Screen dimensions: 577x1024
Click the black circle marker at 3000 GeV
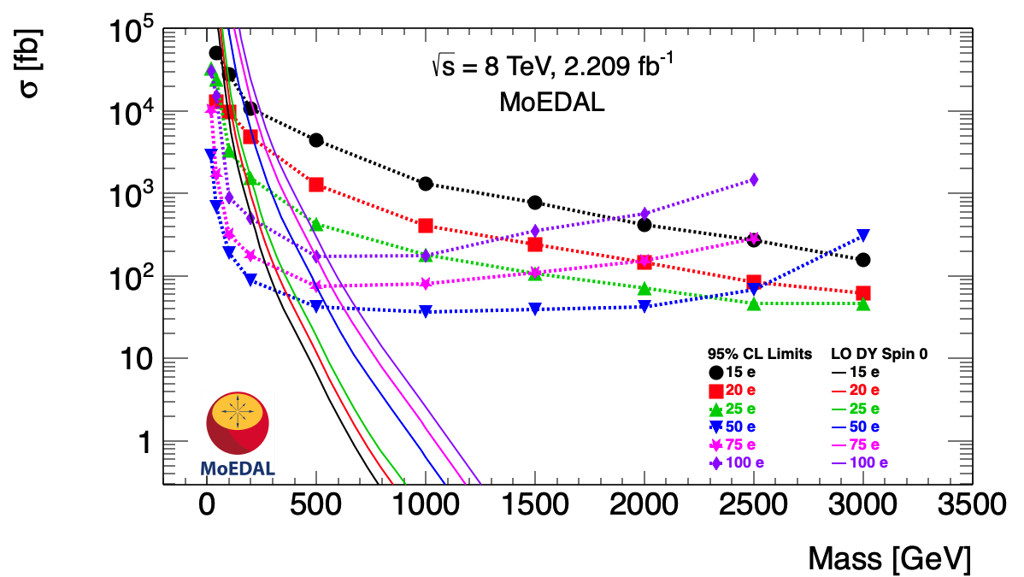point(862,259)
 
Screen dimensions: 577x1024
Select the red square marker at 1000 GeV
point(426,226)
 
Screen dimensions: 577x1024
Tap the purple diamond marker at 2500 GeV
point(753,180)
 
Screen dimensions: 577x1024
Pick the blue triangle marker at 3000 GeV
point(862,235)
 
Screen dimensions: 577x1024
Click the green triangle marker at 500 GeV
point(316,224)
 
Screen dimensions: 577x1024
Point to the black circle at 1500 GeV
point(535,203)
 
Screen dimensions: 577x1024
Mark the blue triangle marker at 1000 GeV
point(426,311)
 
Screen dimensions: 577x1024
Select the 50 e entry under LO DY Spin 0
point(857,426)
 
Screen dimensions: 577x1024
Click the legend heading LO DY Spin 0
point(880,353)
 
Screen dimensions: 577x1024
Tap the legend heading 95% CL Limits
point(759,353)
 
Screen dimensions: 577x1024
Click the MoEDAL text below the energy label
point(551,103)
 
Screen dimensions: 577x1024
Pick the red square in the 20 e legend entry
point(715,390)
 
